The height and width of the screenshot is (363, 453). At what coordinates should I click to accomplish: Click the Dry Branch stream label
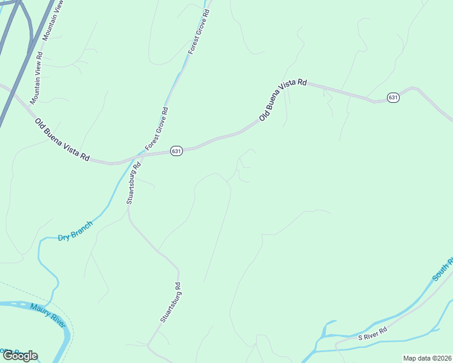pyautogui.click(x=76, y=231)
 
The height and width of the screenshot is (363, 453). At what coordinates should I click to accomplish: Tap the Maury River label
pyautogui.click(x=47, y=316)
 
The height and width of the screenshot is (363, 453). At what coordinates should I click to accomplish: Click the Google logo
pyautogui.click(x=20, y=356)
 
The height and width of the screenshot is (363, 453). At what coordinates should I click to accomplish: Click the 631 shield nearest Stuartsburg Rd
pyautogui.click(x=176, y=151)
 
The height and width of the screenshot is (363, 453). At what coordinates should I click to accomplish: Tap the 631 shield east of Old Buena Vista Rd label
pyautogui.click(x=393, y=97)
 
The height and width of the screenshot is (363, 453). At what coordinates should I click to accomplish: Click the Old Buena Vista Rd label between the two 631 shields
pyautogui.click(x=283, y=100)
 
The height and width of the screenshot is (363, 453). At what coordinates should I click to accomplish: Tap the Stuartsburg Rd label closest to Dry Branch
pyautogui.click(x=133, y=183)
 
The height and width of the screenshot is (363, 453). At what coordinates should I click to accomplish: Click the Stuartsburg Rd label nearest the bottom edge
pyautogui.click(x=171, y=302)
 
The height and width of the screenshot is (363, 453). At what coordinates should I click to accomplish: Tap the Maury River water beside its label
pyautogui.click(x=36, y=307)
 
